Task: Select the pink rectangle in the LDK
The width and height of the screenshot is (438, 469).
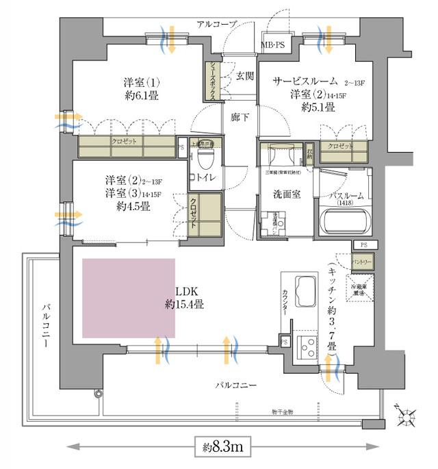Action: tap(128, 297)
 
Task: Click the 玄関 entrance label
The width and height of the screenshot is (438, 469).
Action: tap(244, 75)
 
